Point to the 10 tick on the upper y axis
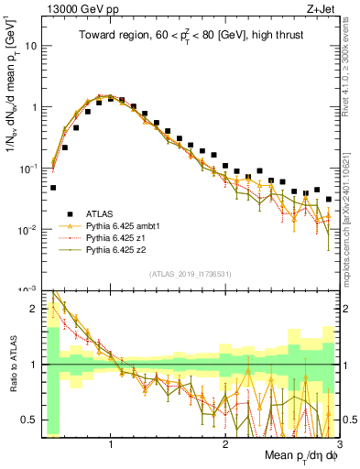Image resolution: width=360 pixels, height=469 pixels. pyautogui.click(x=32, y=45)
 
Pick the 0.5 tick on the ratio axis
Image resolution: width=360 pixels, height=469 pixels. pyautogui.click(x=30, y=420)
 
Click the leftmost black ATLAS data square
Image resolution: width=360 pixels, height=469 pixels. pyautogui.click(x=53, y=187)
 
